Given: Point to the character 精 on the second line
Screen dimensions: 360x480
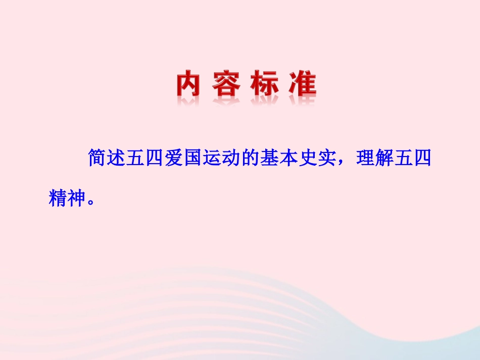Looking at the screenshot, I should [x=59, y=198].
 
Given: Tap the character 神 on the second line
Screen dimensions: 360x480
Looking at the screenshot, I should [x=78, y=198].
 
